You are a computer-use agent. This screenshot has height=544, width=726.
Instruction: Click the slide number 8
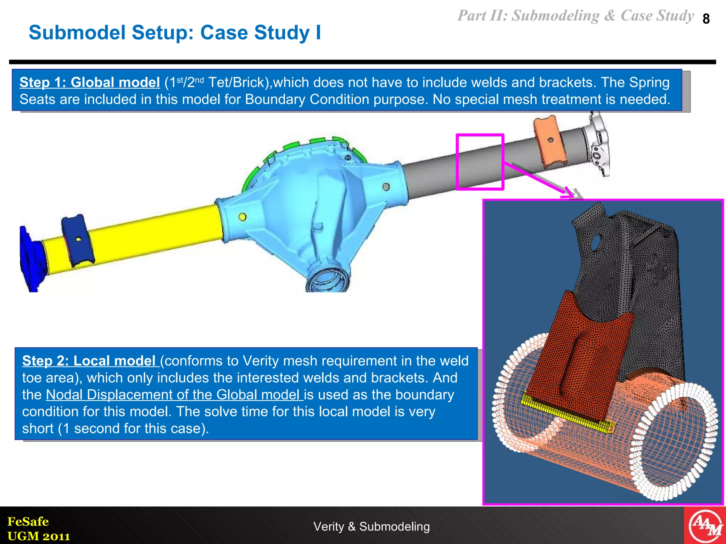click(706, 19)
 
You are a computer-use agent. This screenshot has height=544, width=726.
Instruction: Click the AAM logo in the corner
click(705, 526)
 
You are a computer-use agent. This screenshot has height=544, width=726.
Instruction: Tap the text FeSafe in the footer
click(28, 521)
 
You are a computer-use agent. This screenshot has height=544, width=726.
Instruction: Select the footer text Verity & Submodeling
click(371, 527)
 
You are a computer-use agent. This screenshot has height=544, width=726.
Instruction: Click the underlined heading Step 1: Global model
click(89, 83)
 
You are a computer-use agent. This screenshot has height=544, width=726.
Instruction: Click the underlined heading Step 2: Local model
click(89, 361)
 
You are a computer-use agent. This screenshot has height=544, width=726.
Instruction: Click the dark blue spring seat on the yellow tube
click(78, 241)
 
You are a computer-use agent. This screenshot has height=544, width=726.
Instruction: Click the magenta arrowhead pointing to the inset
click(568, 193)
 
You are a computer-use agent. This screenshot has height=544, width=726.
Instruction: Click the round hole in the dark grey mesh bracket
click(595, 243)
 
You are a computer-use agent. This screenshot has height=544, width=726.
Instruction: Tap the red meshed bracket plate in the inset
click(581, 354)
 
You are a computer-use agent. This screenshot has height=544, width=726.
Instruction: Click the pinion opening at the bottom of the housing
click(328, 280)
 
